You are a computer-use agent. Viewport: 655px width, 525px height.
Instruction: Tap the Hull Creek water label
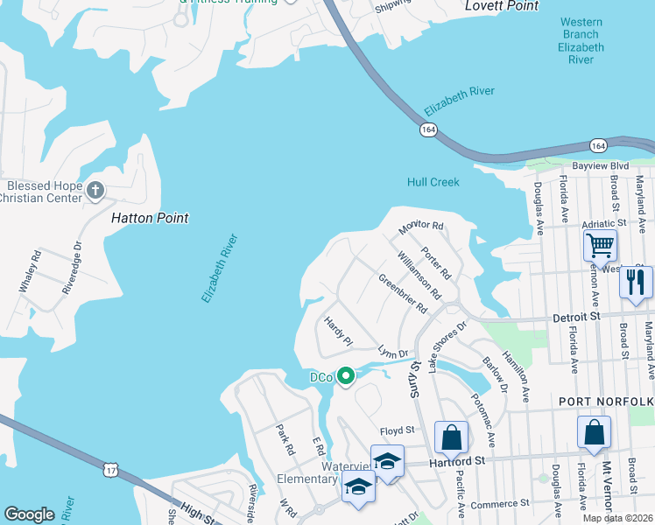[x=433, y=182]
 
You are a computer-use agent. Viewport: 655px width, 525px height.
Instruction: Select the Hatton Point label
[x=150, y=217]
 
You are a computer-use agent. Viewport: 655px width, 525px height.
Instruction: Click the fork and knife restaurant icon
[x=636, y=282]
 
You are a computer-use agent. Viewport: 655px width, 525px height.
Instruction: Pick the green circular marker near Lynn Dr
[x=346, y=376]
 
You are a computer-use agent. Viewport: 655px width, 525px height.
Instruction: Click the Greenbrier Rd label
[x=403, y=295]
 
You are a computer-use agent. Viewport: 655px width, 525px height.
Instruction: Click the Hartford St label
[x=455, y=460]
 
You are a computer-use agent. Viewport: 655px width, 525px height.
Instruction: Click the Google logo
[x=29, y=514]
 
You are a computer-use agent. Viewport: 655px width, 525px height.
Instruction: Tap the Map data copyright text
[x=617, y=518]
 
